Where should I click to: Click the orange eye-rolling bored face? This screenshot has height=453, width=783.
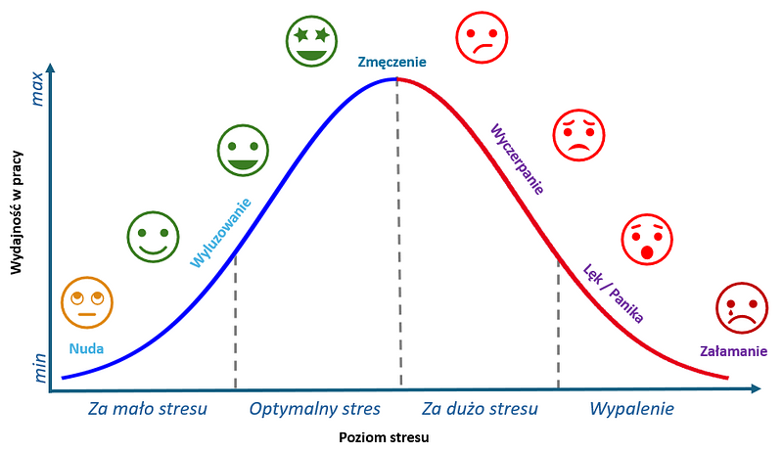click(87, 302)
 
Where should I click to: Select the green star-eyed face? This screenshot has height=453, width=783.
click(311, 41)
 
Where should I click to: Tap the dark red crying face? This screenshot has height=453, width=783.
click(742, 308)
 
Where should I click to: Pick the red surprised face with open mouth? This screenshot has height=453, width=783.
click(647, 240)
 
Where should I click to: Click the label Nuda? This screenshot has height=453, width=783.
click(86, 348)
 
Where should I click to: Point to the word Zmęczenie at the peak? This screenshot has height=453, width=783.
click(392, 63)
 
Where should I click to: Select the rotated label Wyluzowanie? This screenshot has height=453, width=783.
click(221, 233)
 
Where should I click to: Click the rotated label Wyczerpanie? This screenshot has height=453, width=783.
click(517, 159)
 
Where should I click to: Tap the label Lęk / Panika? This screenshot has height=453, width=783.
click(614, 294)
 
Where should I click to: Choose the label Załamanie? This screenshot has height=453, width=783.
click(733, 351)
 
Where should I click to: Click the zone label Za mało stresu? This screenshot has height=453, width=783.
click(148, 409)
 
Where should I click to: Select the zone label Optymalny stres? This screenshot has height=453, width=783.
click(314, 409)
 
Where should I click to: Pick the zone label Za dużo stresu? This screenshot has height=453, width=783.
click(480, 409)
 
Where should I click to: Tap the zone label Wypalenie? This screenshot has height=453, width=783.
click(631, 409)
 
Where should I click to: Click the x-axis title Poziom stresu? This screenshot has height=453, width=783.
click(384, 438)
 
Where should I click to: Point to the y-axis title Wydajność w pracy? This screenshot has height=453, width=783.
click(16, 212)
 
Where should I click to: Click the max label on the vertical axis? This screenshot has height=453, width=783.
click(37, 89)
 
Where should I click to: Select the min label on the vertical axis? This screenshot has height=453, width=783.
click(39, 368)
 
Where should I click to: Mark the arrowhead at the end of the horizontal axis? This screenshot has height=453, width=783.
click(756, 388)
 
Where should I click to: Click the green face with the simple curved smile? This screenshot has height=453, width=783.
click(153, 237)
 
